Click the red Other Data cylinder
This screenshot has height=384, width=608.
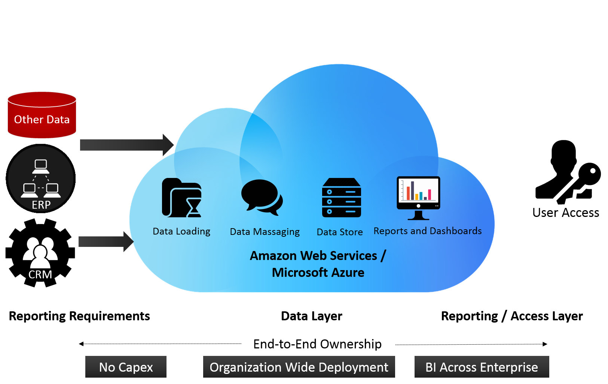point(42,115)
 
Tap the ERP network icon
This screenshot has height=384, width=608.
point(41,178)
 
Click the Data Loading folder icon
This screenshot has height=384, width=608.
point(182,197)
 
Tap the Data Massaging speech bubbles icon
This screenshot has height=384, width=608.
point(262,197)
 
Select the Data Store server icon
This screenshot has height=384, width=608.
point(341,197)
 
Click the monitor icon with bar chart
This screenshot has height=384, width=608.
point(418,197)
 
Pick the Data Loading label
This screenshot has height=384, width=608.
point(181,231)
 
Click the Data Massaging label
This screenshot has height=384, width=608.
point(265,232)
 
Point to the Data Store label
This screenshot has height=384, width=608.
point(340,232)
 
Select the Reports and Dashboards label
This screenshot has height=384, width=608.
point(428,231)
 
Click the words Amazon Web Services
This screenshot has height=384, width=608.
point(314,256)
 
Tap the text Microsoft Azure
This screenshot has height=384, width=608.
point(318,272)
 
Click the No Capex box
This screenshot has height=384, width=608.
point(126,367)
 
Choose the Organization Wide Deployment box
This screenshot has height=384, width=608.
point(299,367)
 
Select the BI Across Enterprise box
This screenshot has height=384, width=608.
point(482,367)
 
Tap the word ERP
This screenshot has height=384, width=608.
point(41,205)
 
